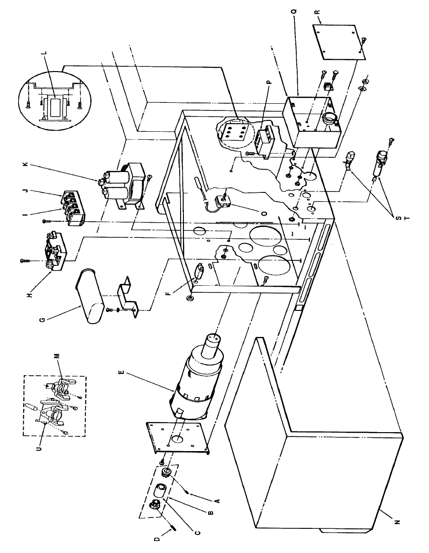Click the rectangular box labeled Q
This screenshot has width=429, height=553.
pyautogui.click(x=310, y=121)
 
